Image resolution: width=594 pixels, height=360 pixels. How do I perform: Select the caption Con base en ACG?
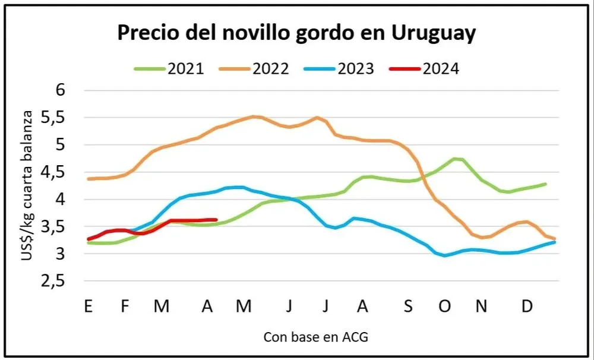click(x=315, y=337)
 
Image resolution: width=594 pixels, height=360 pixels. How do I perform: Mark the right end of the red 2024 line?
click(x=216, y=220)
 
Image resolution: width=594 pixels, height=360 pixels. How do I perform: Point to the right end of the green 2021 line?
click(x=545, y=184)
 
